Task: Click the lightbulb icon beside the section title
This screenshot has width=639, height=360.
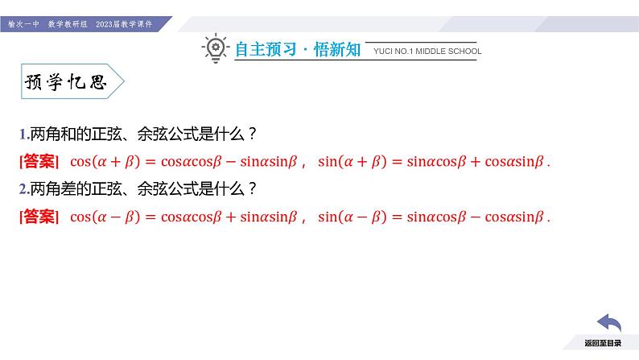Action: (x=215, y=48)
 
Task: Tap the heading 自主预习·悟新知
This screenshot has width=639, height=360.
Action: (x=298, y=50)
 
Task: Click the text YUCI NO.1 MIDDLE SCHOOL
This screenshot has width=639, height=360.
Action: (x=427, y=51)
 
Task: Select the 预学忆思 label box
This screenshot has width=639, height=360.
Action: (x=68, y=83)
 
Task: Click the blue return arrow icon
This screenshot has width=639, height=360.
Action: (x=608, y=325)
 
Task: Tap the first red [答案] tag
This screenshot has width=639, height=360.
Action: (x=38, y=161)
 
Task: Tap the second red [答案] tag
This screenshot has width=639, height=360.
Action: (x=38, y=216)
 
